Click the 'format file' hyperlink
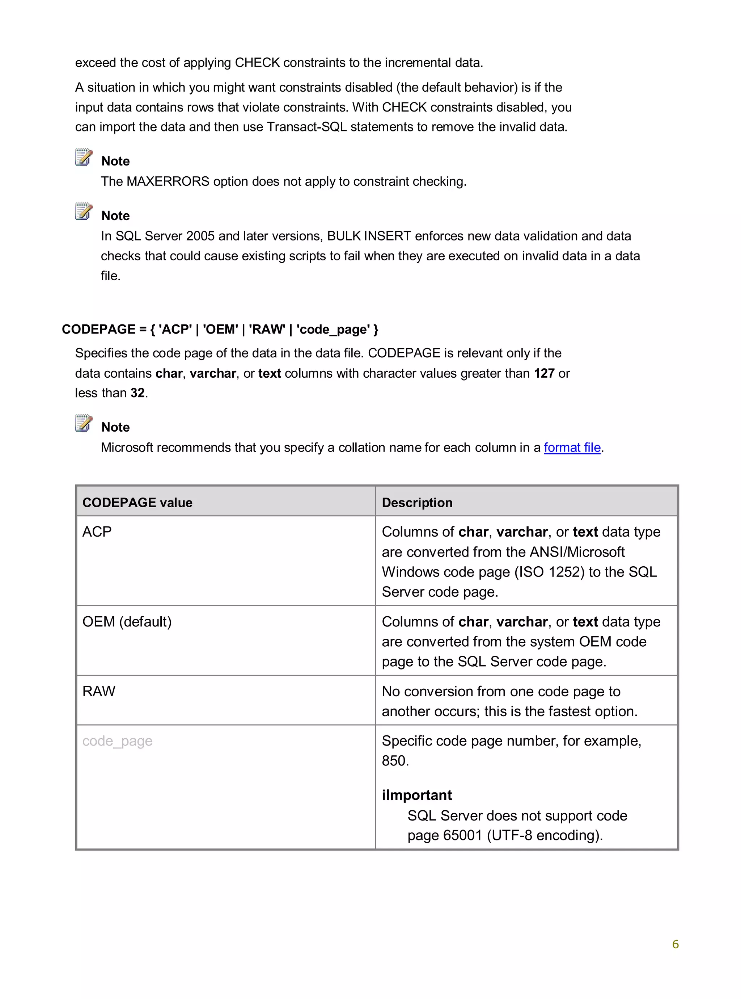click(x=572, y=448)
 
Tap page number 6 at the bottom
click(x=675, y=944)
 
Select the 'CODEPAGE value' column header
click(x=137, y=502)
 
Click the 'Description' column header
click(x=417, y=502)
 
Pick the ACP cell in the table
click(x=97, y=532)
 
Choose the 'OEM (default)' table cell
click(x=127, y=622)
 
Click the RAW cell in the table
click(x=99, y=691)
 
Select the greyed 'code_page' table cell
click(x=118, y=740)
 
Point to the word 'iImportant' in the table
click(x=417, y=795)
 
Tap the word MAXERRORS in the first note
click(x=168, y=181)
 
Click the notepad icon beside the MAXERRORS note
click(x=84, y=157)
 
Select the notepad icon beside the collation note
click(x=84, y=423)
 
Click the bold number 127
click(x=544, y=373)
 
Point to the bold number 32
click(x=137, y=393)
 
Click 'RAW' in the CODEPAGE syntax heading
click(x=267, y=329)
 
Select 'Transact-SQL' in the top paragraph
click(x=306, y=127)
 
